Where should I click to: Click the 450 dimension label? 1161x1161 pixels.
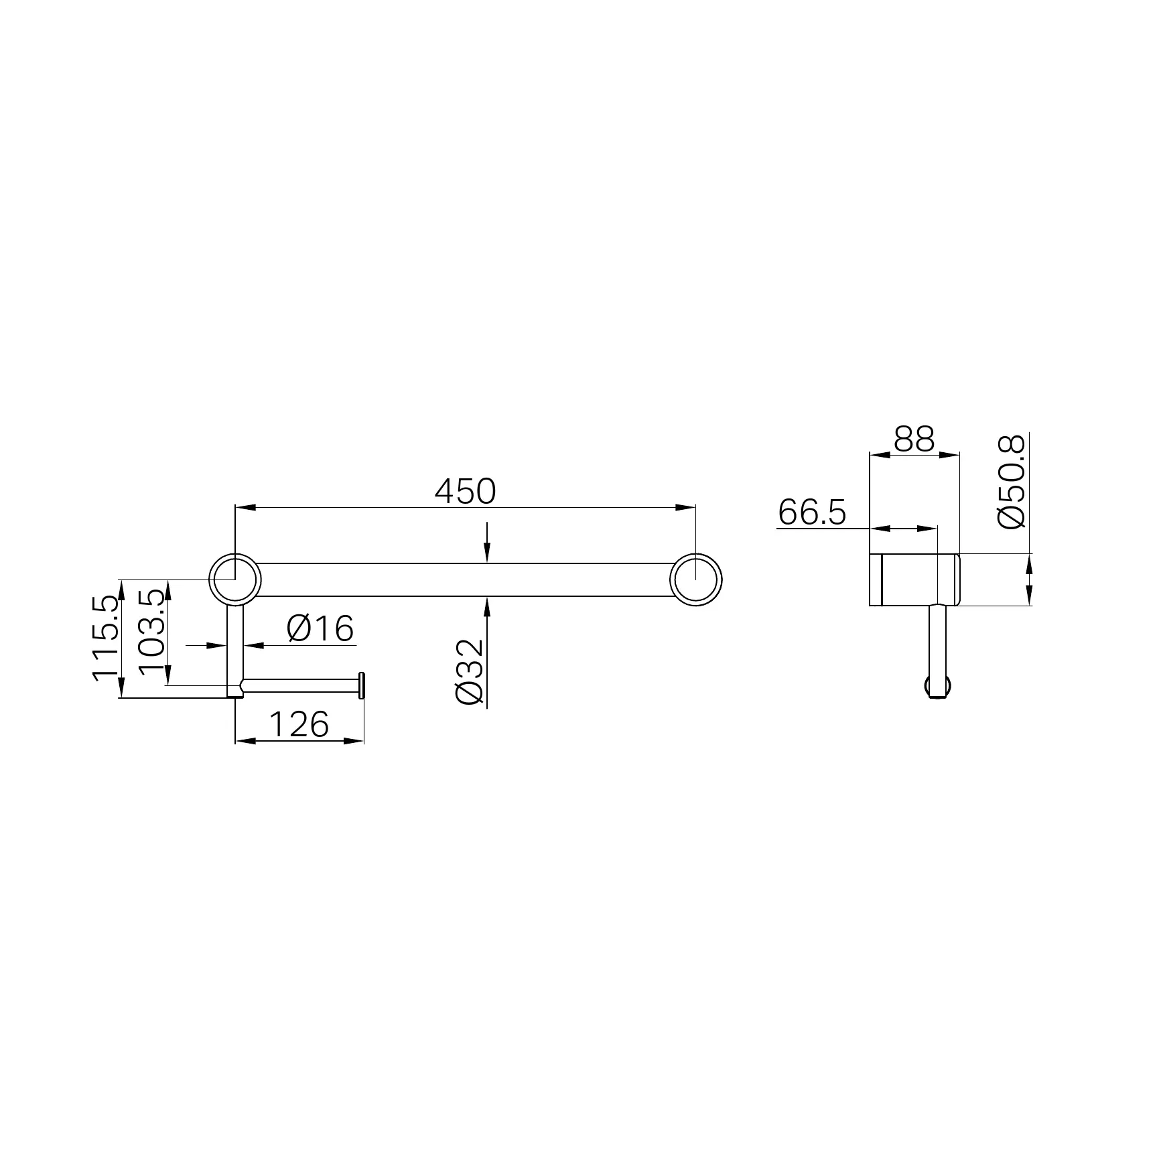[465, 492]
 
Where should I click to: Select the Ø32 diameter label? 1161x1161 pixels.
[470, 671]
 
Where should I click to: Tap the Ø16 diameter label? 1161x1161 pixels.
[320, 628]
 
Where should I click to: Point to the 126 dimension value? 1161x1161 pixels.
[299, 724]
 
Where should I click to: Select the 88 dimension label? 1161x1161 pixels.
[914, 440]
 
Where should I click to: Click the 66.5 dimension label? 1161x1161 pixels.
[812, 513]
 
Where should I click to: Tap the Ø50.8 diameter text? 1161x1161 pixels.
[1012, 481]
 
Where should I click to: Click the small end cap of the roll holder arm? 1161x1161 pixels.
[362, 685]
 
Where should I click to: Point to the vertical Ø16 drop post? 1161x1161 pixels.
[235, 643]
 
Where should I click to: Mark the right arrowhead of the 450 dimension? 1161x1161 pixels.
[685, 507]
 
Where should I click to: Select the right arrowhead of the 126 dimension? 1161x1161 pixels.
[354, 741]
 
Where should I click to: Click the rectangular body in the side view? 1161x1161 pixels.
[914, 580]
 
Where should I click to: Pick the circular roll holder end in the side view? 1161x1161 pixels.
[937, 686]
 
